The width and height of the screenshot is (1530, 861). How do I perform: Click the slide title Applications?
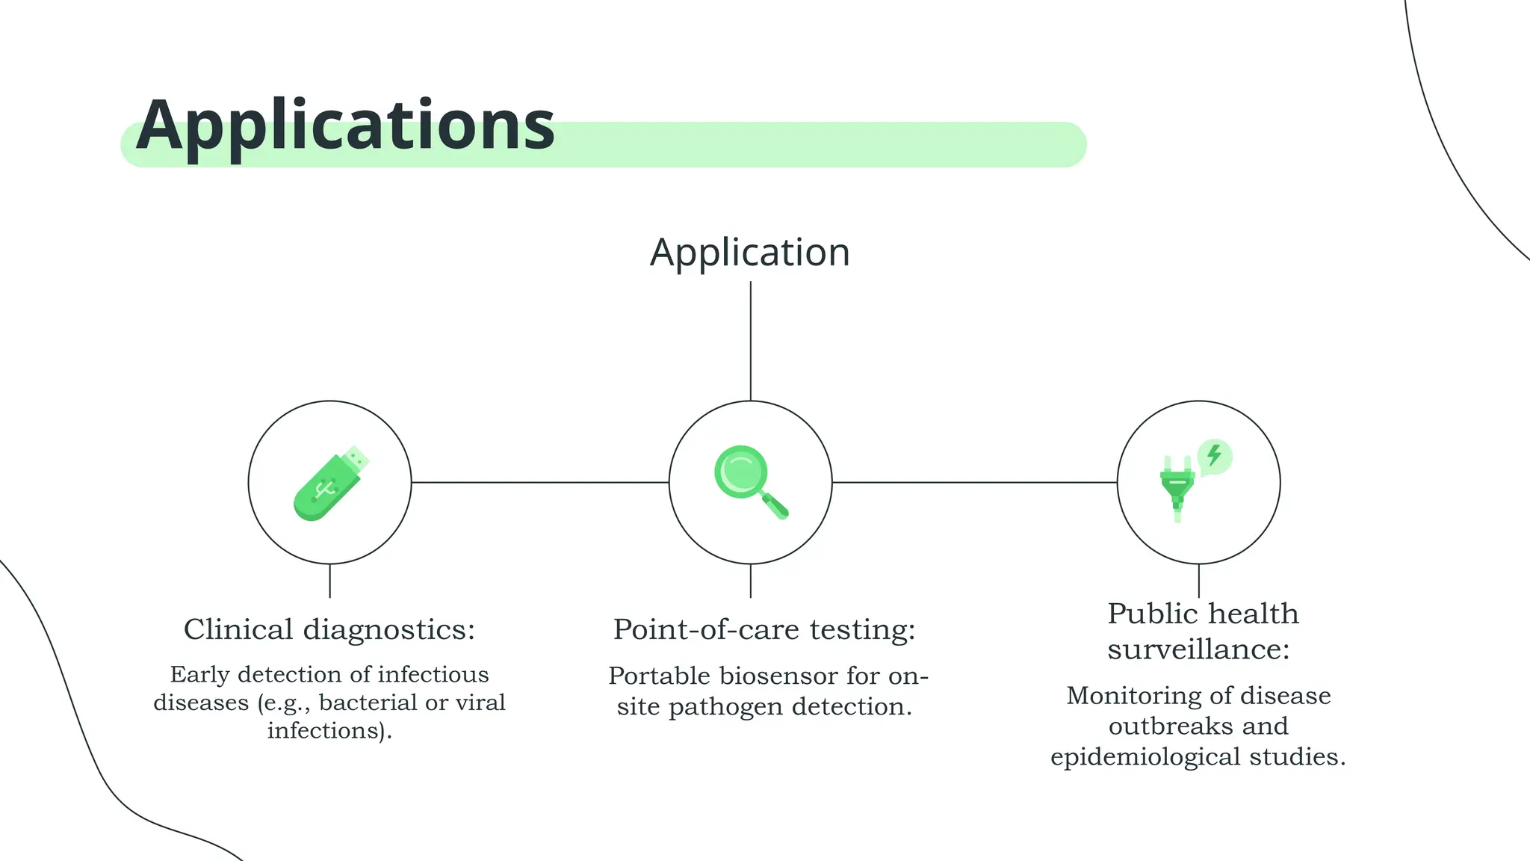345,126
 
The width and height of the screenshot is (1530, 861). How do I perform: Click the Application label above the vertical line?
750,253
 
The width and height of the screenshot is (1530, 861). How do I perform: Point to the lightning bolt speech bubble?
1215,456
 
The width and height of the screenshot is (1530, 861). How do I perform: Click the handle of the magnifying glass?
776,506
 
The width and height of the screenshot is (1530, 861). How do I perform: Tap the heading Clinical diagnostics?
329,629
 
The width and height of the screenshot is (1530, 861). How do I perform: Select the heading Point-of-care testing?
764,629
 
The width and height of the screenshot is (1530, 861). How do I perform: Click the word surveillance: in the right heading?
1198,649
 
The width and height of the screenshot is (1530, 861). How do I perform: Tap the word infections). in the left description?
329,730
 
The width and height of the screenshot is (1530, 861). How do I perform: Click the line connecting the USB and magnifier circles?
539,482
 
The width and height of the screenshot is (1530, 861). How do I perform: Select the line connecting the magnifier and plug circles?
974,482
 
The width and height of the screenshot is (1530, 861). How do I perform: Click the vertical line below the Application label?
750,340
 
